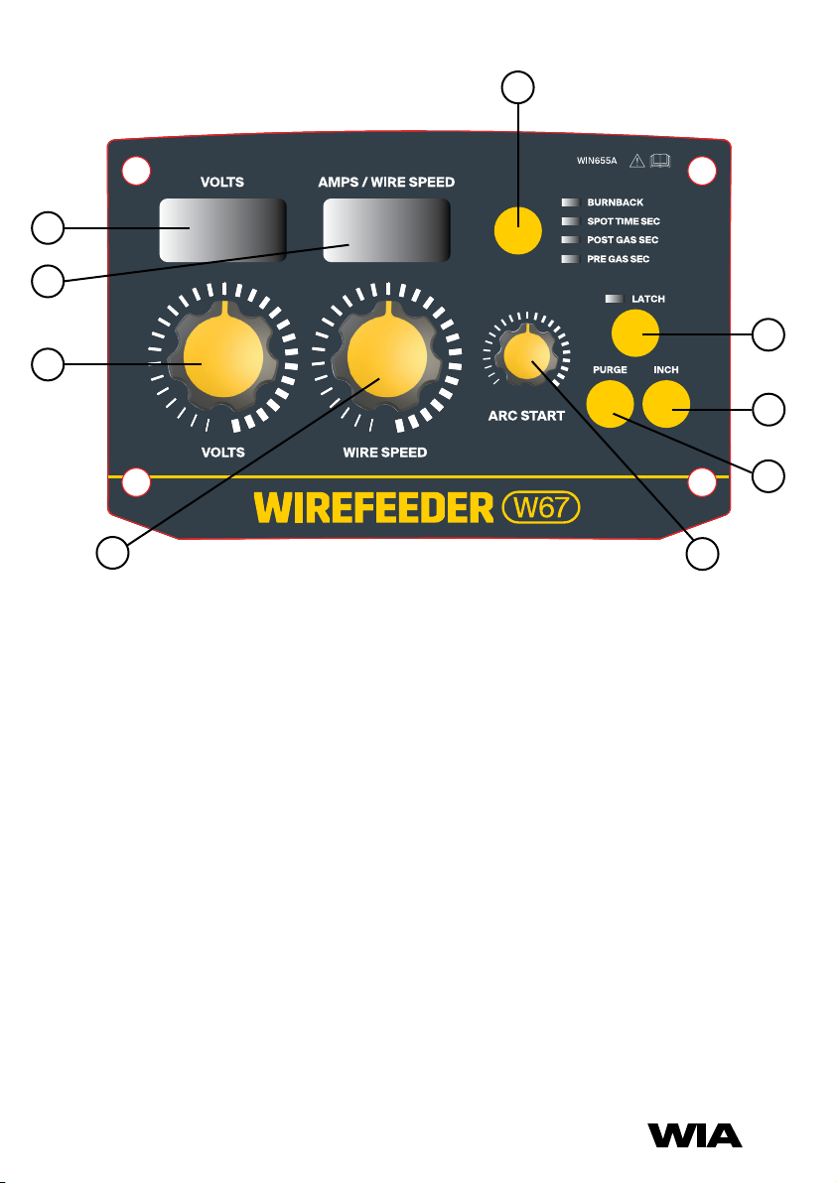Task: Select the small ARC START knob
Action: tap(525, 357)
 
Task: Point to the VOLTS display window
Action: tap(223, 229)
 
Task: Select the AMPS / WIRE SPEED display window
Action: tap(385, 229)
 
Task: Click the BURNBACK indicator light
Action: tap(570, 202)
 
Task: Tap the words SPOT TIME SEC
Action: tap(623, 221)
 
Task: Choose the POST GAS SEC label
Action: tap(623, 240)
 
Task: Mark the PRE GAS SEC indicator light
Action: tap(570, 259)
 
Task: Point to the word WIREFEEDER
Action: tap(374, 508)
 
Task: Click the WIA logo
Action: tap(695, 1134)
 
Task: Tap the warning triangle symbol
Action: tap(637, 163)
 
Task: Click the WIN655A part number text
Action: tap(598, 163)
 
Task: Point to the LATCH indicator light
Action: tap(614, 298)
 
